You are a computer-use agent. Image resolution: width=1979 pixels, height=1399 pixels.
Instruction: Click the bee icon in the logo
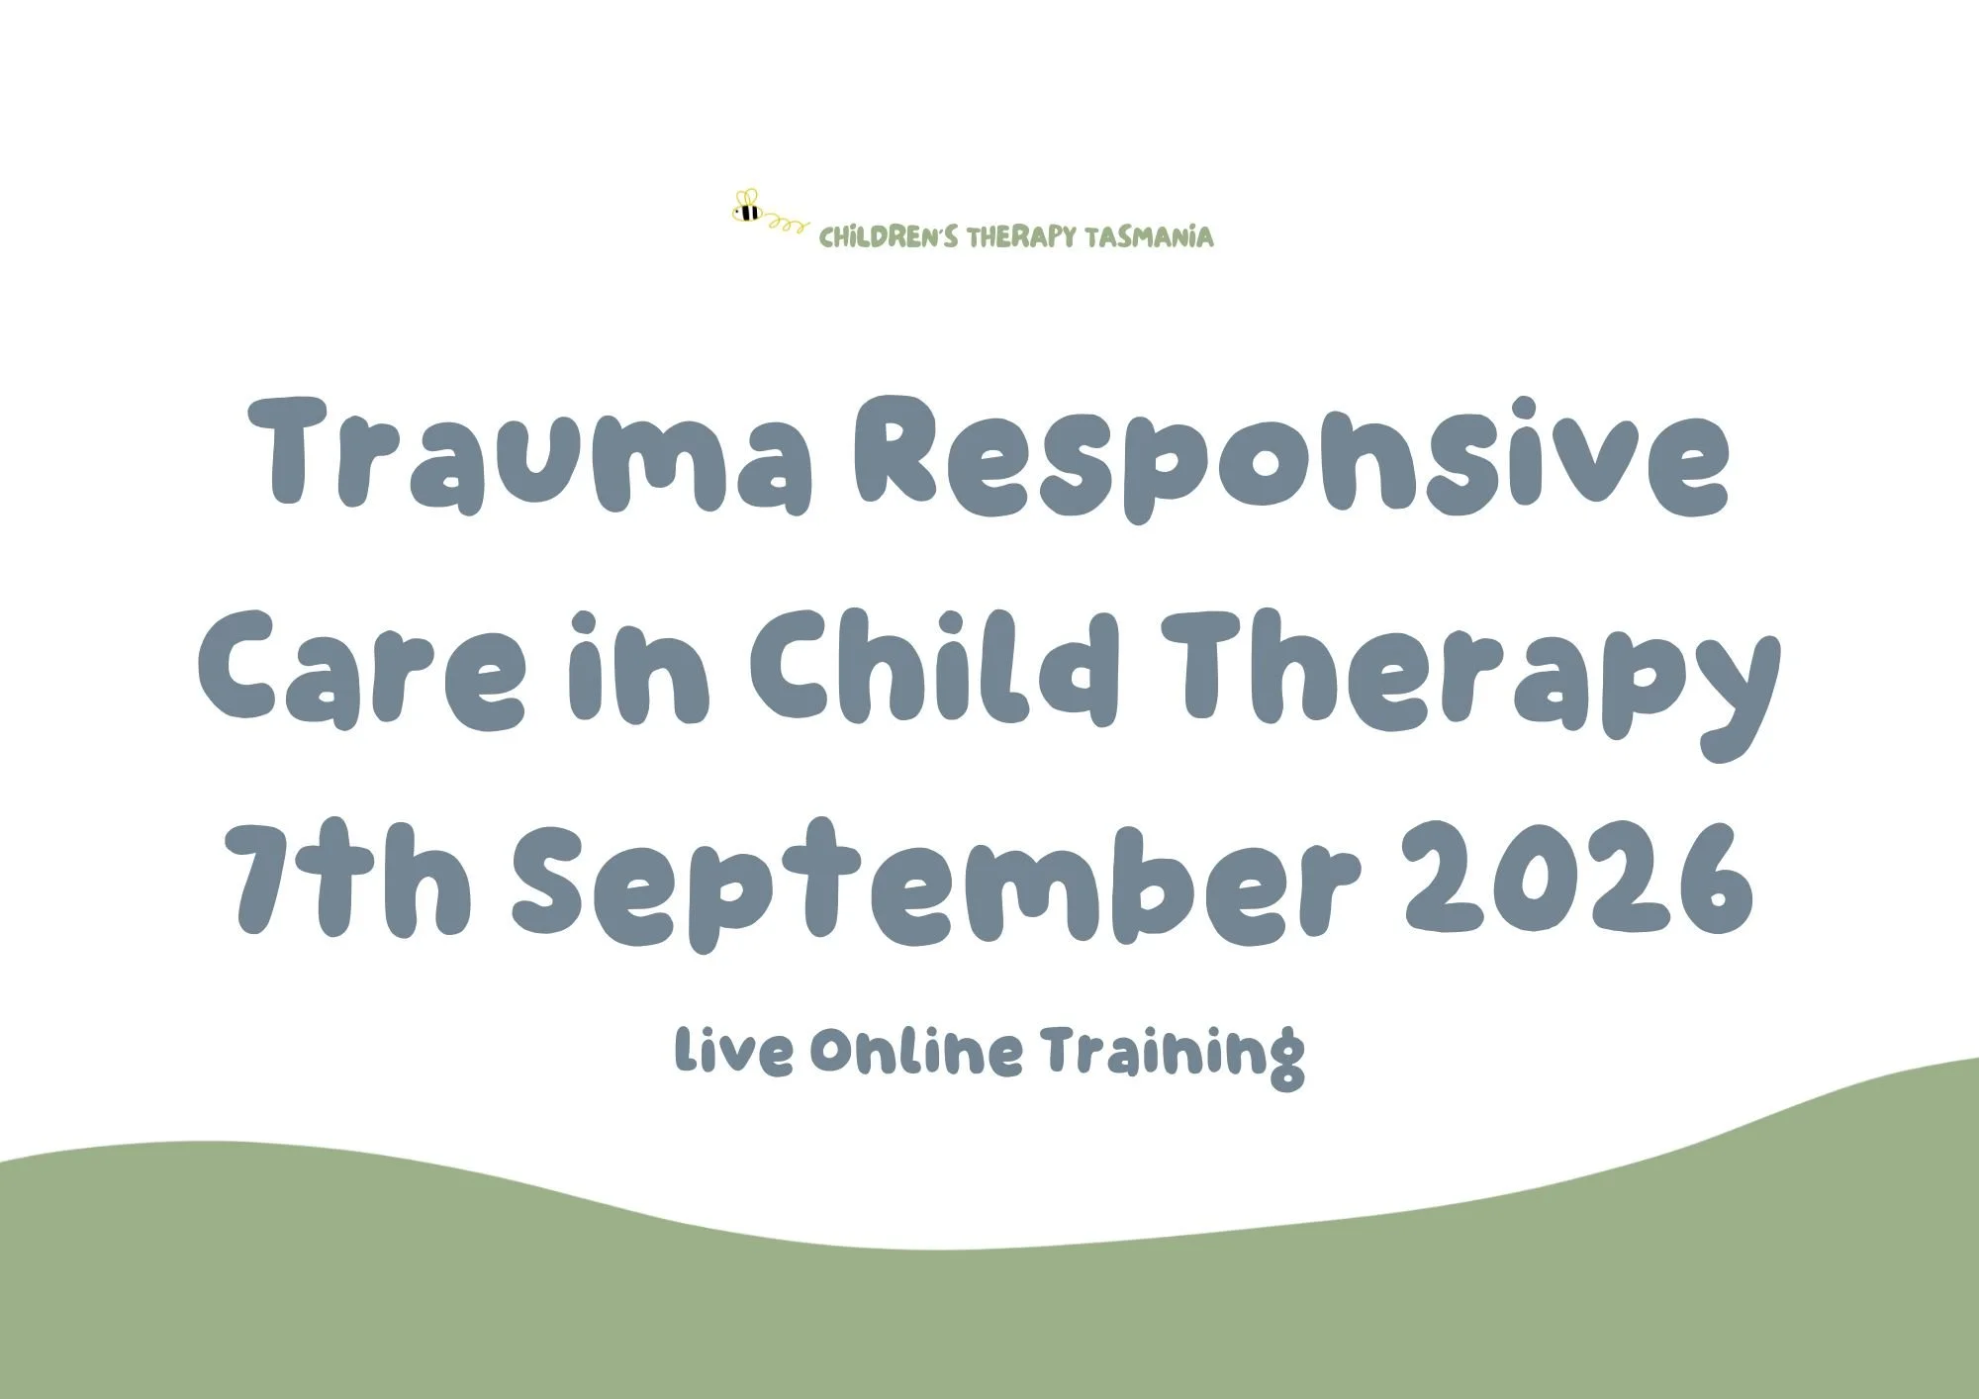[x=747, y=208]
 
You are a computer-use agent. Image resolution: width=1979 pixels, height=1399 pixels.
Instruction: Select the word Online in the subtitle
[x=915, y=1052]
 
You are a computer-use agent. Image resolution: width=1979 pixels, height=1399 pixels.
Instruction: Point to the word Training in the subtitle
[x=1173, y=1055]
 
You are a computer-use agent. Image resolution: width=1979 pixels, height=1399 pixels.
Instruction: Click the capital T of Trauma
[x=301, y=450]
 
